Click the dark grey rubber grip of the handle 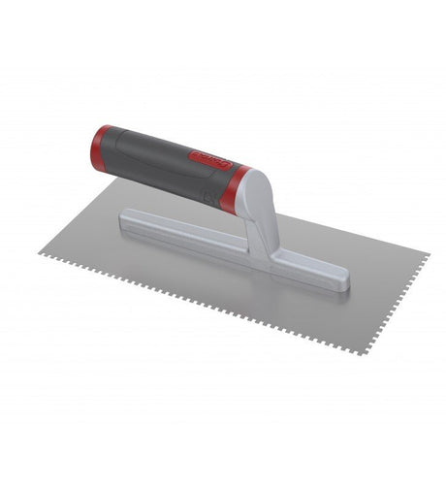pos(155,158)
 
